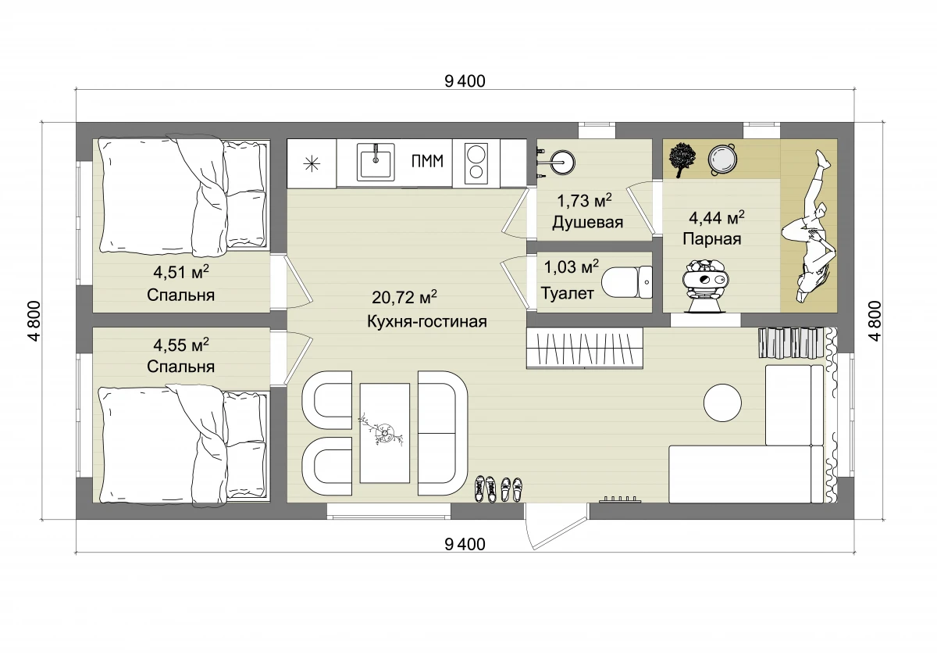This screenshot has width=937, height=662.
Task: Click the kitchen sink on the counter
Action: click(376, 163)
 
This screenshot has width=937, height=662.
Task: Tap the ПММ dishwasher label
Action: click(427, 161)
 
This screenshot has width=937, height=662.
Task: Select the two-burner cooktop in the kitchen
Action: click(476, 163)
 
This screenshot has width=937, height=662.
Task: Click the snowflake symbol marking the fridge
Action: click(312, 163)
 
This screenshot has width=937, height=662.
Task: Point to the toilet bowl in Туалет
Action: click(626, 282)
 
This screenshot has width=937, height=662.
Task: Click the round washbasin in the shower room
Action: click(562, 162)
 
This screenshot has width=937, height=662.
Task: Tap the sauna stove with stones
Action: click(705, 285)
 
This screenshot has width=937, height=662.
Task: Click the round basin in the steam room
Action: click(722, 159)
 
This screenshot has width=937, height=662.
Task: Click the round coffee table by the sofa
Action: click(722, 403)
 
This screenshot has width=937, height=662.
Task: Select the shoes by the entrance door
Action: click(498, 488)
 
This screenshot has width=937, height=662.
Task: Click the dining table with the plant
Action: click(385, 433)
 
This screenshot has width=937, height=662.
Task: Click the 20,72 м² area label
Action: click(404, 297)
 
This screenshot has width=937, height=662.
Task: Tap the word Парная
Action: click(712, 239)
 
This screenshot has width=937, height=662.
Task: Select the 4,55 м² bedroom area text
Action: click(181, 345)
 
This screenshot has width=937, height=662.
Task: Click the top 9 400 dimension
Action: click(465, 81)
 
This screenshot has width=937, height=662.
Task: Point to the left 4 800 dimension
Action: click(34, 321)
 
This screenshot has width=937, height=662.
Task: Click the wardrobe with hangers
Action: click(584, 349)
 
